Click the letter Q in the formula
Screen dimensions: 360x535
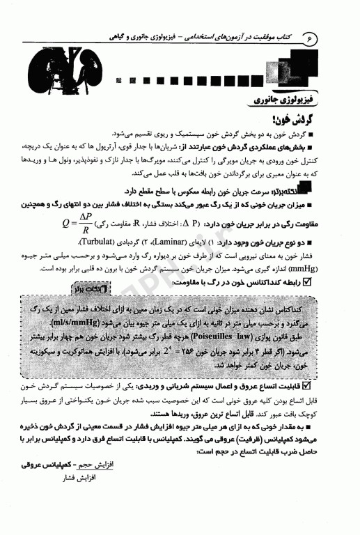pos(65,224)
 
